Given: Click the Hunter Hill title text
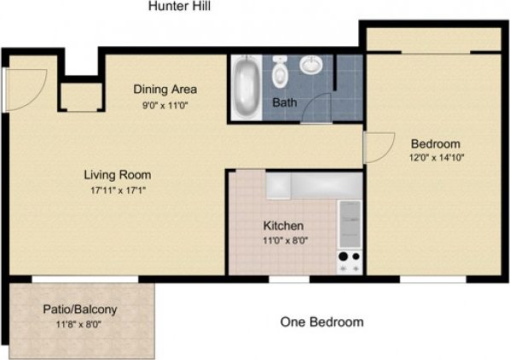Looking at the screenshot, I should [179, 7].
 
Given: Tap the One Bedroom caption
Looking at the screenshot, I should [322, 322].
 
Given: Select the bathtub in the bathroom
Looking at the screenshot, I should [247, 87].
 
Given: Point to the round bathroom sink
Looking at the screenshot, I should [313, 66].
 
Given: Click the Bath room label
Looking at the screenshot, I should [284, 102].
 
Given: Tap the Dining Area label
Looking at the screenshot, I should [165, 89].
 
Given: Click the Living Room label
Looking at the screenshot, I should [117, 175].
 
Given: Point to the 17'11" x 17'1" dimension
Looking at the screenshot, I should [117, 190].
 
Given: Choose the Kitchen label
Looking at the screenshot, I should [283, 225].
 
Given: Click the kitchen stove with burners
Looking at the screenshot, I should [348, 260].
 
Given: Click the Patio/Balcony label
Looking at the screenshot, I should [79, 310].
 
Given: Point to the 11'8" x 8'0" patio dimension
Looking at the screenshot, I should [79, 325].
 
